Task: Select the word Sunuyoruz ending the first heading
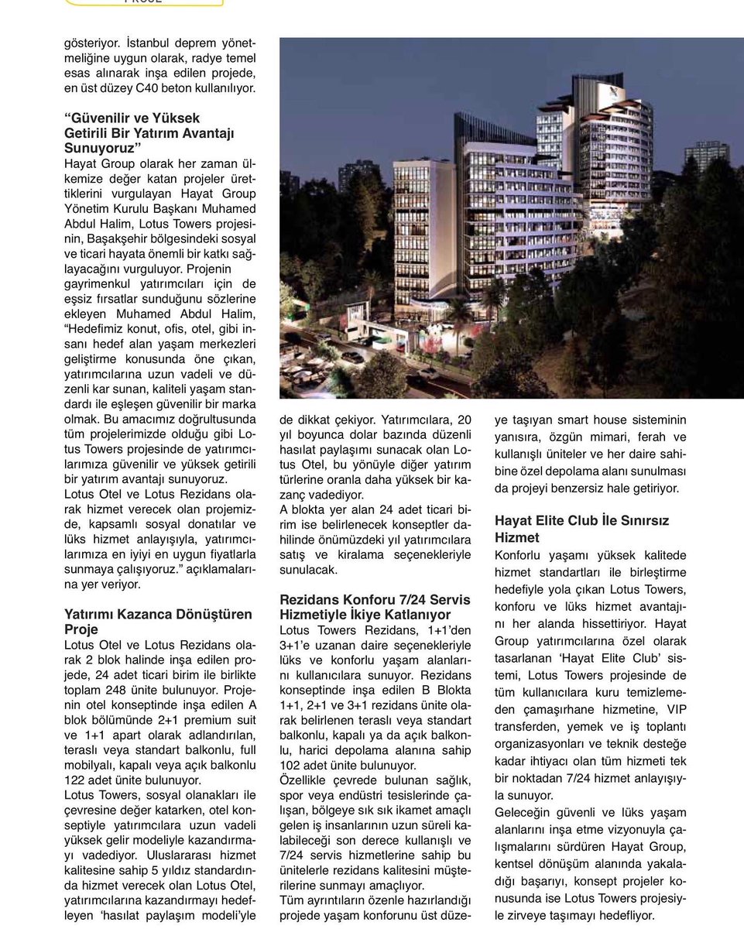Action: click(x=102, y=148)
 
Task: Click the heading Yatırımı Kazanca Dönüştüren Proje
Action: click(x=158, y=622)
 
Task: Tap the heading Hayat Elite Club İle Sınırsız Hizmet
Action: click(x=581, y=529)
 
